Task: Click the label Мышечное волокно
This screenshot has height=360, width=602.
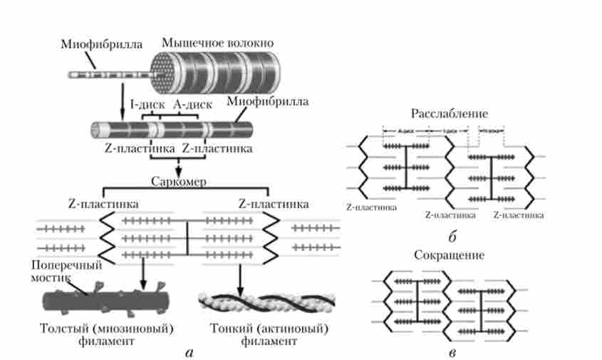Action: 217,42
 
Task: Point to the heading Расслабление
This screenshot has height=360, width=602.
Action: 448,114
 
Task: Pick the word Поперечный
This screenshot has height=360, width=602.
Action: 66,265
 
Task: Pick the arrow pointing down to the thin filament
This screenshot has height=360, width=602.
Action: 240,274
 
